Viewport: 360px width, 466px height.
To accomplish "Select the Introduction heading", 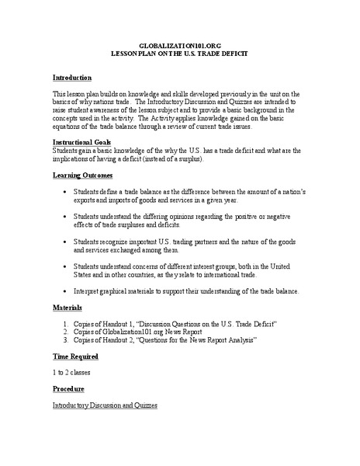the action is tap(72, 78).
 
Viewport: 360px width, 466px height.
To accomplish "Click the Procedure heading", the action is tap(70, 388).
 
